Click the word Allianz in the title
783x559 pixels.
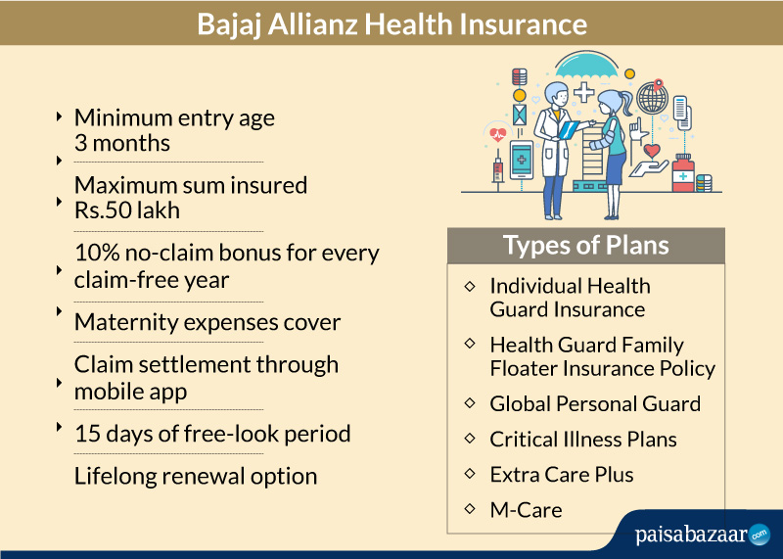(312, 23)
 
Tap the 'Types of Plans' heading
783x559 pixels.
(585, 246)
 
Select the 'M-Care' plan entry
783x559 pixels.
(526, 510)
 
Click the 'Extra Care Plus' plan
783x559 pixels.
(561, 475)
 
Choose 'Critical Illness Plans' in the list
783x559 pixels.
(583, 440)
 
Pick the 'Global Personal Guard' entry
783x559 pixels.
(595, 404)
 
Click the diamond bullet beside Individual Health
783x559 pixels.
(470, 286)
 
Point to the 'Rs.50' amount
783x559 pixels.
(103, 210)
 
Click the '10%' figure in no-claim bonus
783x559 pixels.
(96, 253)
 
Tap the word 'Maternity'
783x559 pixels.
(126, 322)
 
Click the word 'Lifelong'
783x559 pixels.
(115, 476)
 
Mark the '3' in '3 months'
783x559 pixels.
(80, 143)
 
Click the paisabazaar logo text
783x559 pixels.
(691, 535)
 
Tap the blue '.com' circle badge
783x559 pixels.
(760, 535)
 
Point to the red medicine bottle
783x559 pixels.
(682, 173)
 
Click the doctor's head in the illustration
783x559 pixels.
(556, 94)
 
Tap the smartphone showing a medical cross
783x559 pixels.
(522, 160)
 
